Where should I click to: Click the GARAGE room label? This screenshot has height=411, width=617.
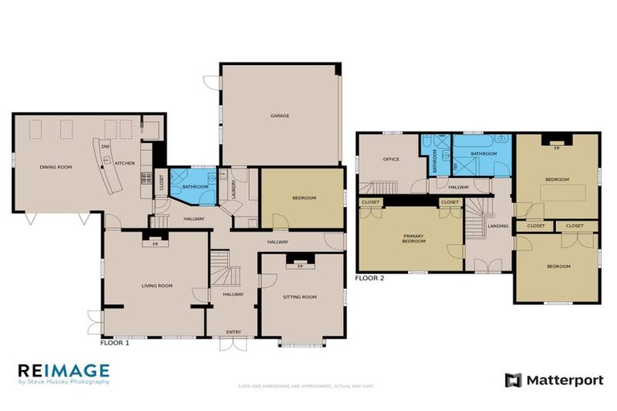280,116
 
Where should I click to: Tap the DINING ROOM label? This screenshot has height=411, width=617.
56,166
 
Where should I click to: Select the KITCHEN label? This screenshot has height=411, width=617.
125,164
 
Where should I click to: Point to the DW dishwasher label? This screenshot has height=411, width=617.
105,147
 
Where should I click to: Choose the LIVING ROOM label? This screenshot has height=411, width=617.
157,286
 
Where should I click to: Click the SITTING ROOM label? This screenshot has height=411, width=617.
300,297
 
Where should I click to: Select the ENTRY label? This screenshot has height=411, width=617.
234,332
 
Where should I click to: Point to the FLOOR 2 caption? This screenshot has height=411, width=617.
370,279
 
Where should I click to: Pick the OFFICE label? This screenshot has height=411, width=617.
391,159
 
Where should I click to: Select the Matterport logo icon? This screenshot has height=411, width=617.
513,380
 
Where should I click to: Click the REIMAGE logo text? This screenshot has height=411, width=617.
63,370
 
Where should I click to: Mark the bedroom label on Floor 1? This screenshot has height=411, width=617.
304,198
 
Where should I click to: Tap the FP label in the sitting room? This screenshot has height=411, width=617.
300,266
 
